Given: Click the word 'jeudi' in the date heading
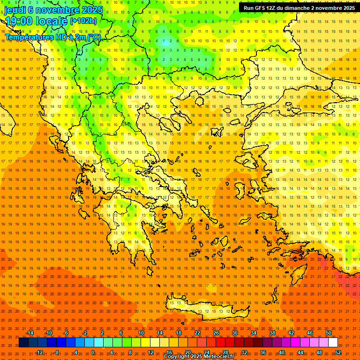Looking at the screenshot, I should click(x=15, y=9).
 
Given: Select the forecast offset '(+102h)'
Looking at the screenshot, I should click(x=83, y=21).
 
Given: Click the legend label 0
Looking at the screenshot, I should click(x=93, y=352).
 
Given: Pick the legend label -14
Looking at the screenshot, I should click(x=30, y=333).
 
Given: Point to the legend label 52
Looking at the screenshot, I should click(x=338, y=352).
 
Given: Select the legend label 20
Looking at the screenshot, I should click(x=187, y=352).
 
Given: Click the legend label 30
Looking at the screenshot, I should click(x=234, y=333).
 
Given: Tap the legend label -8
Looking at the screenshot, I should click(x=57, y=352).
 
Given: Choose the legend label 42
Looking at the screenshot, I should click(x=291, y=333).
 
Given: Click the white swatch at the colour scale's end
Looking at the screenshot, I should click(x=333, y=343).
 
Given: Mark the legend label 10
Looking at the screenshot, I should click(x=141, y=333).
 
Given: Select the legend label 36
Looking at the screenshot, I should click(x=263, y=352).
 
